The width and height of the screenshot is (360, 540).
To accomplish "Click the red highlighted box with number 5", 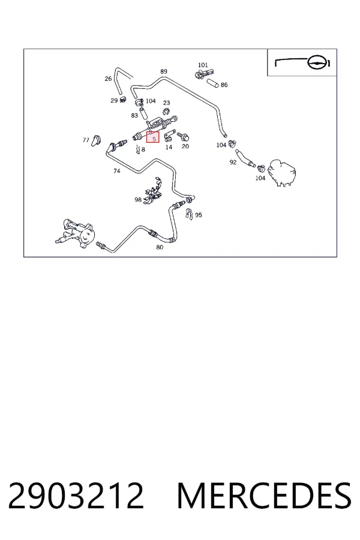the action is click(153, 137).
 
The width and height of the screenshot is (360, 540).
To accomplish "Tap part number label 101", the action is click(203, 65).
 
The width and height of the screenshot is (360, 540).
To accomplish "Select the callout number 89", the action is click(164, 71).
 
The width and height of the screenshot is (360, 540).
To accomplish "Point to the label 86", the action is click(224, 85).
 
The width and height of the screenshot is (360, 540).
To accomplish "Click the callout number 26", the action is click(108, 79).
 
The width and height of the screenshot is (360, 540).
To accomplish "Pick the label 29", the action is click(114, 101).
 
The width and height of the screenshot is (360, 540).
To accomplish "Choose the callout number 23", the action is click(166, 103).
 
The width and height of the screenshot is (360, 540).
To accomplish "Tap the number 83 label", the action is click(134, 115).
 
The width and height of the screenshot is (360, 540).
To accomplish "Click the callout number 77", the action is click(86, 140).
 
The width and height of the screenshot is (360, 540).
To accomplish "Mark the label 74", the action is click(117, 171).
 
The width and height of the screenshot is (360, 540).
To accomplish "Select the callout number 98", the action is click(138, 199).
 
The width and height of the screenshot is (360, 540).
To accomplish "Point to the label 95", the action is click(199, 215).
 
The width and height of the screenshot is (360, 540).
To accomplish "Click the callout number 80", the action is click(160, 247).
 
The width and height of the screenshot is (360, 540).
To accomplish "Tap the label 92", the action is click(233, 162).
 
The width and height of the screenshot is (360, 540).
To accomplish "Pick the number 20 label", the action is click(185, 146).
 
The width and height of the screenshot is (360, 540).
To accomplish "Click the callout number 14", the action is click(169, 147).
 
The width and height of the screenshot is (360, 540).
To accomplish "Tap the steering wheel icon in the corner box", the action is click(316, 62).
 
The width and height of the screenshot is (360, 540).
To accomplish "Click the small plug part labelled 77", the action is click(96, 140).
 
